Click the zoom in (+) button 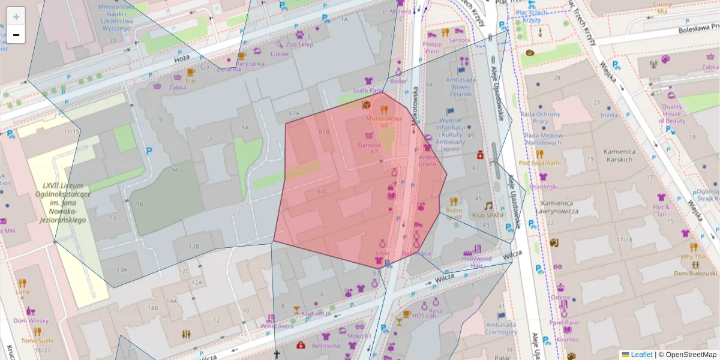[16, 17]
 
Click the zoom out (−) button [16, 35]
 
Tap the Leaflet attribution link [641, 355]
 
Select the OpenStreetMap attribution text [691, 355]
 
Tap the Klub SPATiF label [487, 215]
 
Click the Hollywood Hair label [477, 262]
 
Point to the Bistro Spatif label [454, 214]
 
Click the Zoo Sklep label [300, 44]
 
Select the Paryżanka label [250, 64]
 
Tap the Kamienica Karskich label [620, 156]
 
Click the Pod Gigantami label [539, 163]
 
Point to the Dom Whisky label [31, 320]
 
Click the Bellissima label [326, 346]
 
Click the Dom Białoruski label [695, 273]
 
